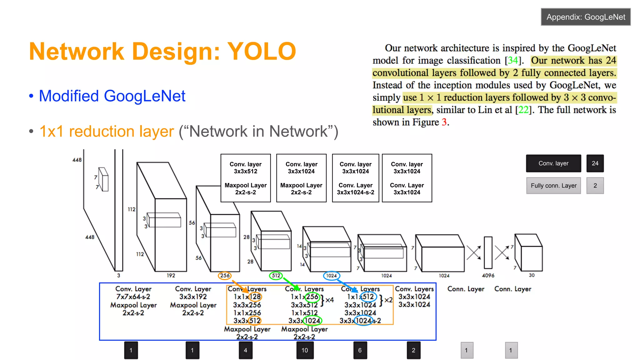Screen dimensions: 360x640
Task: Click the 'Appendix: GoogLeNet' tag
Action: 586,17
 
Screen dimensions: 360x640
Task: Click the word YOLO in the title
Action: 261,52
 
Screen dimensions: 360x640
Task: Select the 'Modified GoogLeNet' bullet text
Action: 112,96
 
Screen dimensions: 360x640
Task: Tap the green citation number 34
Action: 512,60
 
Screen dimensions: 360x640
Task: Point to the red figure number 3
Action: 444,122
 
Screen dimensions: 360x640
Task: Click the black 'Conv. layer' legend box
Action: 553,163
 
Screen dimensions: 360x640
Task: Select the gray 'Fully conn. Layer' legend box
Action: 553,186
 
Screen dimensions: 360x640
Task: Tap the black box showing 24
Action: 595,163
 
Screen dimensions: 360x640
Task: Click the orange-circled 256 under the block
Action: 225,276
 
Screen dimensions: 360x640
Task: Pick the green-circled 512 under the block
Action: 276,276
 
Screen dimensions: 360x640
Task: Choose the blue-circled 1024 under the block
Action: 331,276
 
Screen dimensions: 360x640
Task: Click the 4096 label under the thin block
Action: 488,275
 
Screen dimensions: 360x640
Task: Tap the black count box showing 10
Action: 305,350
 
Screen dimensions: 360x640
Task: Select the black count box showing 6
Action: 360,350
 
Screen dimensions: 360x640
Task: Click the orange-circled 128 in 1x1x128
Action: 255,297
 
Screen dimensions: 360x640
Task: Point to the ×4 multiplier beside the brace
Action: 330,300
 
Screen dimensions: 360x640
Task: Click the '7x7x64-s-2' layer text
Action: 133,297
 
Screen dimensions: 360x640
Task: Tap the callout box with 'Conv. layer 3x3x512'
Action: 246,178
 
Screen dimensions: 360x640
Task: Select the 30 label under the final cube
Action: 532,275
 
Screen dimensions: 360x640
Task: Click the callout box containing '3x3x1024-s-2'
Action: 356,178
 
